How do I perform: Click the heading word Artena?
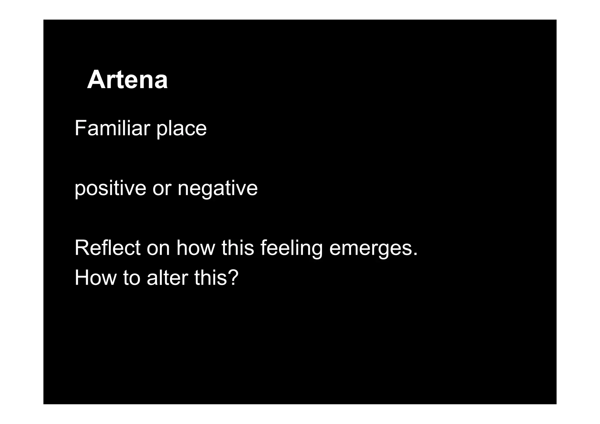(127, 80)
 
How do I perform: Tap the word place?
(182, 129)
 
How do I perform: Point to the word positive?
(110, 188)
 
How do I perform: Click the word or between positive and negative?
(162, 189)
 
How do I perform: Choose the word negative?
(218, 189)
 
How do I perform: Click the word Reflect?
(107, 248)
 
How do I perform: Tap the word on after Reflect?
(158, 248)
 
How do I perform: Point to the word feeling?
(291, 248)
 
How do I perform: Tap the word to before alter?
(132, 278)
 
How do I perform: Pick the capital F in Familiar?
(80, 128)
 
